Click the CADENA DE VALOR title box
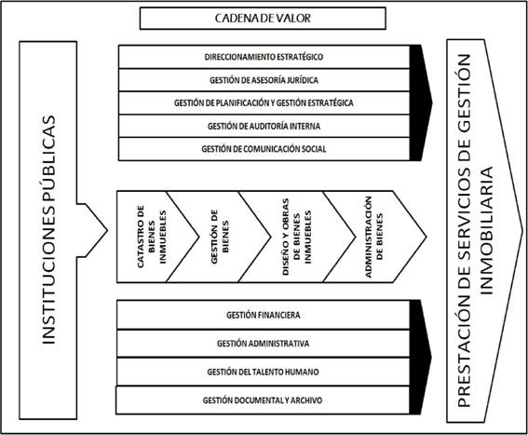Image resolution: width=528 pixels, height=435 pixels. pos(263,19)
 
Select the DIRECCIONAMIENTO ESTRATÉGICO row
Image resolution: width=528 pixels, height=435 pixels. pos(264,57)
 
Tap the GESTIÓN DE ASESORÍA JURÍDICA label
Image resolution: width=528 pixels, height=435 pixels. pos(264,80)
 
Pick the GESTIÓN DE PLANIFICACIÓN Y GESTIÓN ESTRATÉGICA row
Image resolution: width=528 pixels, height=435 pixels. pos(264,102)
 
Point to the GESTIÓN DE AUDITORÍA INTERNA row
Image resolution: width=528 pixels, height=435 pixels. pos(264,126)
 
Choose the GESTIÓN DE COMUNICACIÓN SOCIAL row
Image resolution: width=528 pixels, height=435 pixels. pos(264,149)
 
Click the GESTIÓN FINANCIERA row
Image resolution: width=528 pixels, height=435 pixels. pos(263,315)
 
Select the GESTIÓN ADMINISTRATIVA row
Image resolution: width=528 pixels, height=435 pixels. pos(263,344)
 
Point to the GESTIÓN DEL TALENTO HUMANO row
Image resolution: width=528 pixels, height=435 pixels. pos(263,372)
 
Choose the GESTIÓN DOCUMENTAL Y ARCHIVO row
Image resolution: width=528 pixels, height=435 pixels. pos(263,400)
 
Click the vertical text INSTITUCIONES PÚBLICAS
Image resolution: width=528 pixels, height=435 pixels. pos(48,230)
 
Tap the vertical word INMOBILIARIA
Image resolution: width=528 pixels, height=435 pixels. pos(486,230)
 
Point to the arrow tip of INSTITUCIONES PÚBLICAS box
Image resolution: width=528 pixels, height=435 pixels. pos(107,230)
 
